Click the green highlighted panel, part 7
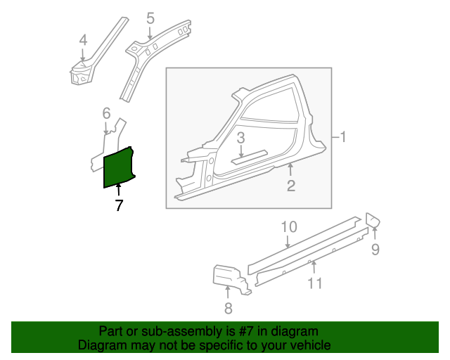tap(118, 167)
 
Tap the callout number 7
tap(119, 205)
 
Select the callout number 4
tap(83, 40)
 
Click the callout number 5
tap(150, 18)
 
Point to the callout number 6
tap(106, 113)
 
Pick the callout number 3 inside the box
tap(240, 138)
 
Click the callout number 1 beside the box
tap(342, 137)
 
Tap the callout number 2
tap(291, 186)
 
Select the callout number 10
tap(289, 227)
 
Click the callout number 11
tap(315, 283)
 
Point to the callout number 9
tap(375, 249)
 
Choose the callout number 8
tap(228, 309)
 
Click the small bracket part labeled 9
tap(373, 220)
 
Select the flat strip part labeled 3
tap(249, 157)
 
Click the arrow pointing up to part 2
tap(290, 169)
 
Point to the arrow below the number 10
tap(288, 241)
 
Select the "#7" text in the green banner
tap(246, 331)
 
